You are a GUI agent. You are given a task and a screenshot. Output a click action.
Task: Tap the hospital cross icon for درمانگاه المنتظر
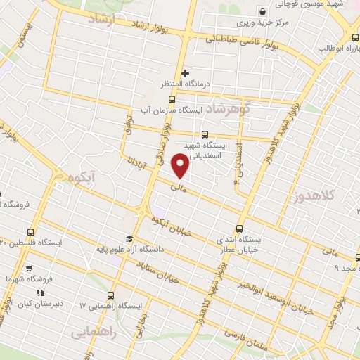186,72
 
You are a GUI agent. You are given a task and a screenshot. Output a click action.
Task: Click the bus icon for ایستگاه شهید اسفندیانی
205,134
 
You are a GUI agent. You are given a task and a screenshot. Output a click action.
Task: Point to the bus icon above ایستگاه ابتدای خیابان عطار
239,229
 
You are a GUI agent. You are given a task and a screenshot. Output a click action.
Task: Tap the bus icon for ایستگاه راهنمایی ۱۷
110,295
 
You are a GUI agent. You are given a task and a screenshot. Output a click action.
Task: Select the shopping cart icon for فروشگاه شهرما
29,268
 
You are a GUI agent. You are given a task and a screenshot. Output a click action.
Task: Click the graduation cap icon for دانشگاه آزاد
129,239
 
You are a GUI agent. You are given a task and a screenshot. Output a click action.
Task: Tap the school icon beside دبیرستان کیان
40,292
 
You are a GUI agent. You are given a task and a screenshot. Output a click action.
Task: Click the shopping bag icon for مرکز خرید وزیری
262,11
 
